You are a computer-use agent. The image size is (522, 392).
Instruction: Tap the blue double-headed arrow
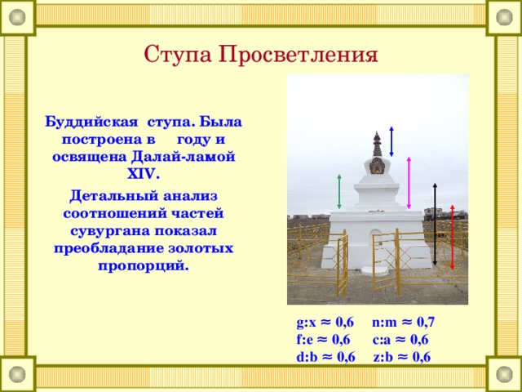(x=391, y=140)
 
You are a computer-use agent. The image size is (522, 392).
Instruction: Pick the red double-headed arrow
(x=451, y=236)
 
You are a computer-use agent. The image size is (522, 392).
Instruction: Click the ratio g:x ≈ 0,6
(x=325, y=323)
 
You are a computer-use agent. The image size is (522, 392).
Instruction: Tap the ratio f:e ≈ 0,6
(x=324, y=340)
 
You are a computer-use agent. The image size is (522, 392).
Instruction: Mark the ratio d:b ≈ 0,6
(x=325, y=357)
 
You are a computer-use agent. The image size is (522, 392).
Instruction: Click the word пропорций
(x=144, y=266)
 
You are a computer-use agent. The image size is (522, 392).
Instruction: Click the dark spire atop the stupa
(x=376, y=143)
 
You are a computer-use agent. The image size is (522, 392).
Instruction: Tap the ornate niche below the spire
(x=376, y=166)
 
